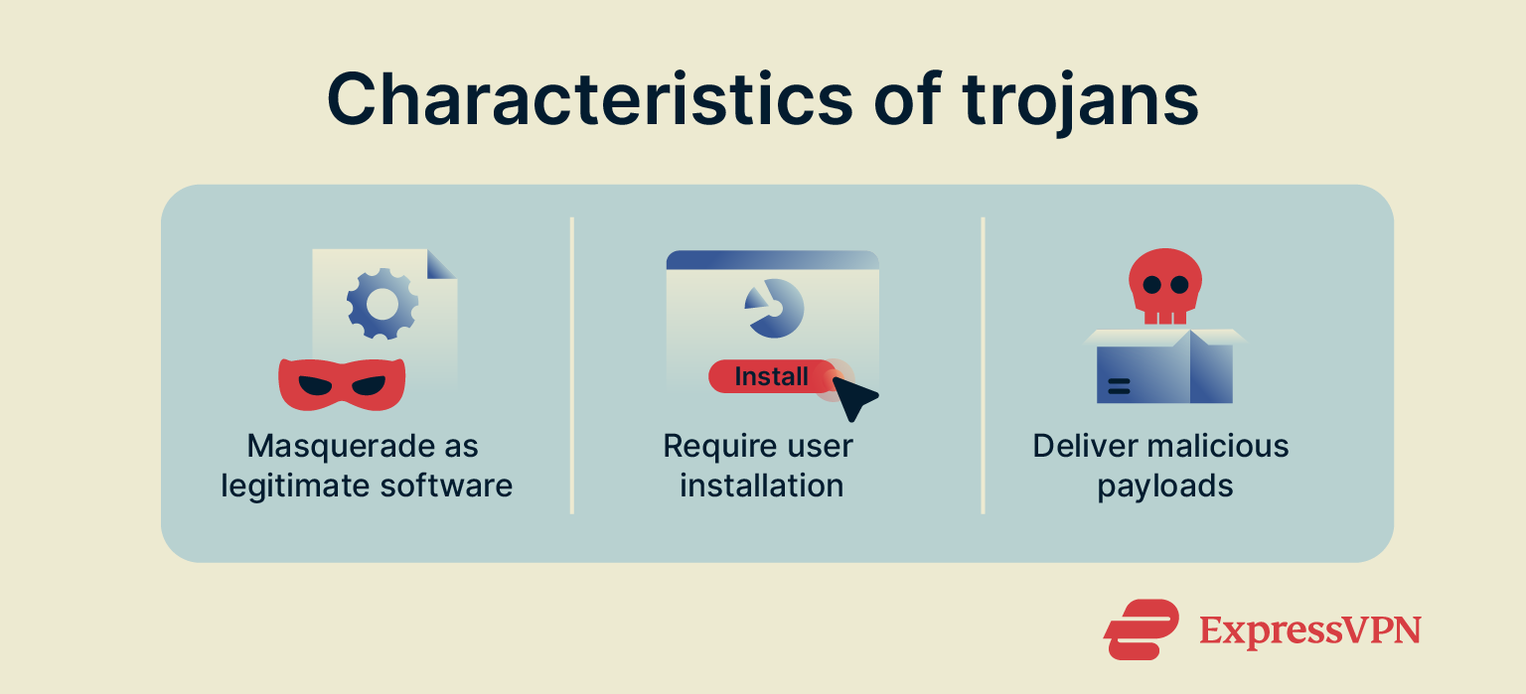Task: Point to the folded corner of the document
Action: [441, 264]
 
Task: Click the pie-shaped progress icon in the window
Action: [773, 308]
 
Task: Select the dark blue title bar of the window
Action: [772, 259]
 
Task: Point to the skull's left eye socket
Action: [1151, 284]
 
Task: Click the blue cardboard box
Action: [1163, 371]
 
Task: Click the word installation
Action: [761, 486]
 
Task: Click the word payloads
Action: [1164, 486]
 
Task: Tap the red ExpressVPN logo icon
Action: [1140, 629]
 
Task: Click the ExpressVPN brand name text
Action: [1309, 630]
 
